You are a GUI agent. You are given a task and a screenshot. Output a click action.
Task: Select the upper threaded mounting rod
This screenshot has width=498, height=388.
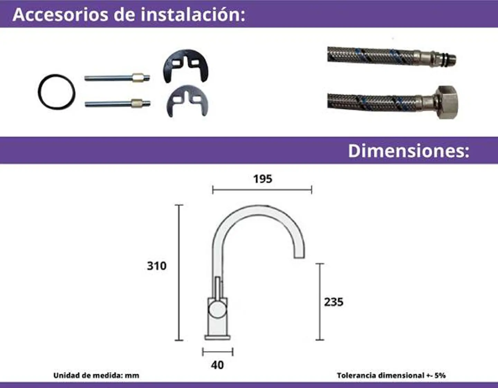pyautogui.click(x=117, y=77)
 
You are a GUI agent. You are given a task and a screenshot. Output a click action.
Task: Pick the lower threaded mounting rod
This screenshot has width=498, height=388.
pyautogui.click(x=118, y=104)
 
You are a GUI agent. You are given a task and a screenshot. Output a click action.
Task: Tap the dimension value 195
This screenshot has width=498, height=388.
pyautogui.click(x=262, y=179)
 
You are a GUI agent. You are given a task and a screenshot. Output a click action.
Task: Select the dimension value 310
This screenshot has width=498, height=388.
pyautogui.click(x=157, y=266)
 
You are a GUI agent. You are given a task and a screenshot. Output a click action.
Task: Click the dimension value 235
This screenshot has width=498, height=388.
pyautogui.click(x=334, y=302)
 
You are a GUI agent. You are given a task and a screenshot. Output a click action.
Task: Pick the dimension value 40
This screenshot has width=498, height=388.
pyautogui.click(x=217, y=365)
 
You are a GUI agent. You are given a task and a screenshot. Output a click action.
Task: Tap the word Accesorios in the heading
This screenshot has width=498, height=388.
pyautogui.click(x=61, y=15)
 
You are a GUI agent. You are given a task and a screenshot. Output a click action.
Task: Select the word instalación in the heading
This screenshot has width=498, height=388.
pyautogui.click(x=193, y=15)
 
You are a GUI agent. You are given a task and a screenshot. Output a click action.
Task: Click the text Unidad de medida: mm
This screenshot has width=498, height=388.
pyautogui.click(x=96, y=376)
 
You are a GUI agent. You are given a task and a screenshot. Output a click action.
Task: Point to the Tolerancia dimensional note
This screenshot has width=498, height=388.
pyautogui.click(x=391, y=376)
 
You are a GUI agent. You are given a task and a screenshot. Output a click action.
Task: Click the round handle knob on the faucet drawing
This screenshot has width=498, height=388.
pyautogui.click(x=218, y=310)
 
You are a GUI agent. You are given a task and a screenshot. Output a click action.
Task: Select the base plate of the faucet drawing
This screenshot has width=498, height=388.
pyautogui.click(x=218, y=338)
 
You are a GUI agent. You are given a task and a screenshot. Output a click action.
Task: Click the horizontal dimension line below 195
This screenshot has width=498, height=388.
pyautogui.click(x=262, y=190)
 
